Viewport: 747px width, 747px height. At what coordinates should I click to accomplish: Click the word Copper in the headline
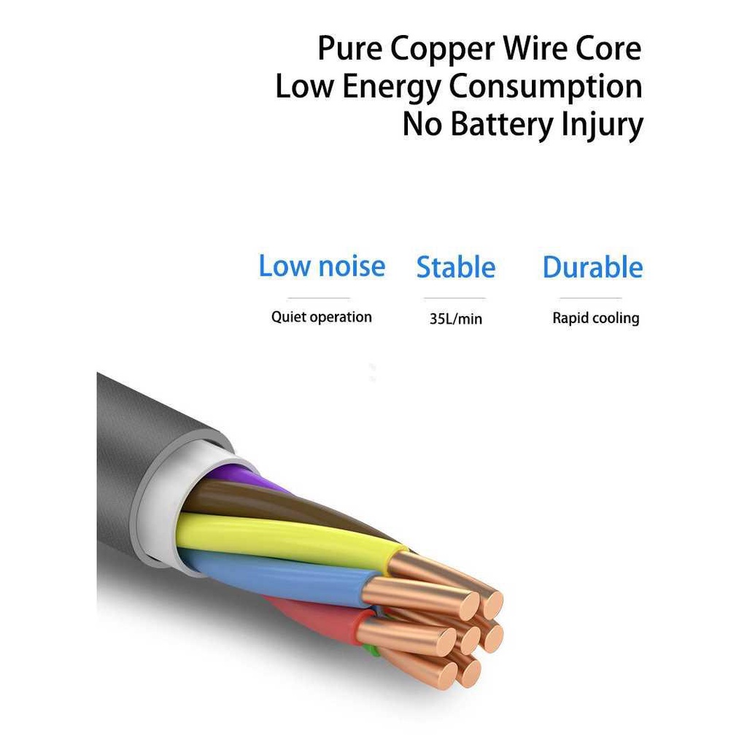point(441,50)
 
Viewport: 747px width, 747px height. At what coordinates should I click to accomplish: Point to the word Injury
point(603,125)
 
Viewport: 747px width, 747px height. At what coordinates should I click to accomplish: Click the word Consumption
point(545,87)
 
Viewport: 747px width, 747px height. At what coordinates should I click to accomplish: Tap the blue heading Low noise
point(322,266)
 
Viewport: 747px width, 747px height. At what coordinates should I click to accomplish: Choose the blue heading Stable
point(456,267)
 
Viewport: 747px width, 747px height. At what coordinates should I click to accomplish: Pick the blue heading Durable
point(592,267)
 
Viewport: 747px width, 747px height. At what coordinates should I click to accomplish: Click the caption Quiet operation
point(322,317)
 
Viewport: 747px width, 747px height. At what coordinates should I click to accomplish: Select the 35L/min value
point(456,319)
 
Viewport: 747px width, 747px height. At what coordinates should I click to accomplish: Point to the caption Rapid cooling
point(595,318)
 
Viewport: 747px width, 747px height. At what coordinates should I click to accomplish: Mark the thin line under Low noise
point(319,298)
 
